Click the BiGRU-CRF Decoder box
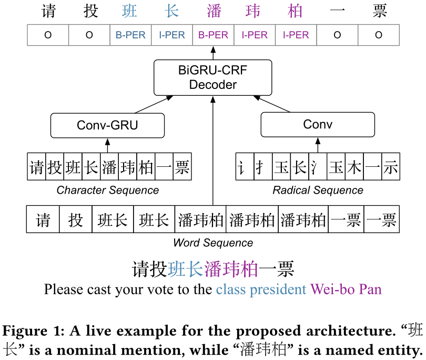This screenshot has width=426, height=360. (x=212, y=77)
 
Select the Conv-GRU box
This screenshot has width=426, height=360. (x=107, y=125)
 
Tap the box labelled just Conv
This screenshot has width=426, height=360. (x=318, y=125)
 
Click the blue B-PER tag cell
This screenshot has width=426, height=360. (x=130, y=35)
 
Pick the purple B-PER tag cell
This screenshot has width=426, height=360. (x=213, y=35)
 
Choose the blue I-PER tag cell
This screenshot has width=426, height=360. (x=171, y=35)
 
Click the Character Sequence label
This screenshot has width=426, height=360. (x=107, y=190)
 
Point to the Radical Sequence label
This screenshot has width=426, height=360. (x=318, y=190)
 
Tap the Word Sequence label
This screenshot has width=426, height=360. (x=212, y=243)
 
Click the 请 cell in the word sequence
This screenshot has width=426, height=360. (x=43, y=219)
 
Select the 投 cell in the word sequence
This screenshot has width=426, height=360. (x=76, y=219)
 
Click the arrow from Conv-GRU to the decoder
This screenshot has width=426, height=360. (x=153, y=104)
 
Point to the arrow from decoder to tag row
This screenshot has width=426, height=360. (x=213, y=53)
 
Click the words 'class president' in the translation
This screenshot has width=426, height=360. (x=261, y=289)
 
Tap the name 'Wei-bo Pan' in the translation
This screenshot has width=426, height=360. (x=346, y=289)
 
